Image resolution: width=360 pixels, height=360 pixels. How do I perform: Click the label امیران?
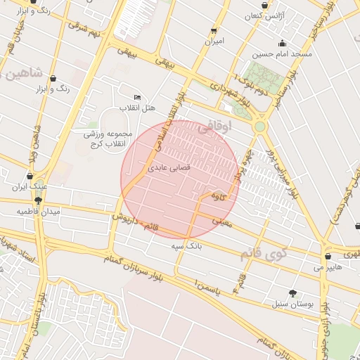click(214, 41)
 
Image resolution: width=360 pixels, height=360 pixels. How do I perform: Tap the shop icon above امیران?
click(214, 31)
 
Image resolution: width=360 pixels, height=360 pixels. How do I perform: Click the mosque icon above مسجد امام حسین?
click(283, 43)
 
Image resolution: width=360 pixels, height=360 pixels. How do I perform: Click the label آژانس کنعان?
click(264, 15)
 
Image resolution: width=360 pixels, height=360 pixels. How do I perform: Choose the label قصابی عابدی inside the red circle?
click(165, 169)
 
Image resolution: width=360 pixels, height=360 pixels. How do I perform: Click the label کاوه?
click(219, 198)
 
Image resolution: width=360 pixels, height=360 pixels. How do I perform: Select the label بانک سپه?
click(186, 247)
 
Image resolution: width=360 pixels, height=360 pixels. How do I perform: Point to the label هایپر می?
click(328, 267)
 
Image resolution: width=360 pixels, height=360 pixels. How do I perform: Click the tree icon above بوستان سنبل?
click(292, 293)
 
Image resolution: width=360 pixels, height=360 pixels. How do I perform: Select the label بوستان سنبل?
click(291, 304)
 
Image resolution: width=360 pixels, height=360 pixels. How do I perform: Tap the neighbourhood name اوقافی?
click(214, 129)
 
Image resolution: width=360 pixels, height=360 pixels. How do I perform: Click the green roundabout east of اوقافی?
click(260, 127)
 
